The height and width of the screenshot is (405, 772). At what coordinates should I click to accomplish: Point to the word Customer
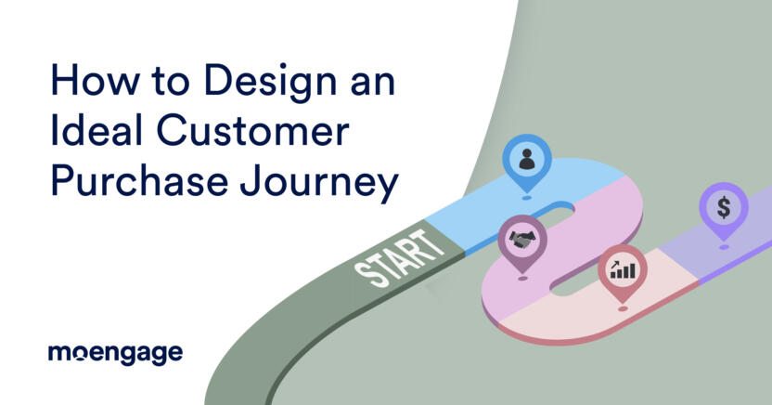pos(253,131)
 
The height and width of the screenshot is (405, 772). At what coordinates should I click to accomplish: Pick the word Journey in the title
pos(318,184)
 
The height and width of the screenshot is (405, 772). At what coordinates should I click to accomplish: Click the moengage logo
pos(116,354)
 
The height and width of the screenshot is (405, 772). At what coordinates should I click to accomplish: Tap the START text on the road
pos(399,258)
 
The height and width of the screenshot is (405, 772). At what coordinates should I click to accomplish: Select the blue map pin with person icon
pos(526,163)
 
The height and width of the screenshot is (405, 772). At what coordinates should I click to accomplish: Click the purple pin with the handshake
pos(522,242)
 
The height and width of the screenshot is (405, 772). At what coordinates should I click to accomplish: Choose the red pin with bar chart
pos(623,272)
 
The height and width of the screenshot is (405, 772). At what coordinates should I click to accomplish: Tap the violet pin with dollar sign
pos(724,210)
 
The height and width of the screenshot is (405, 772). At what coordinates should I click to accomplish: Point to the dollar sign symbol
pos(724,207)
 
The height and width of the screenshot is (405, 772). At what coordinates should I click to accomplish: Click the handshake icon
pos(522,240)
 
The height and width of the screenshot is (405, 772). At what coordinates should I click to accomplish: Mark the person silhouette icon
pos(526,159)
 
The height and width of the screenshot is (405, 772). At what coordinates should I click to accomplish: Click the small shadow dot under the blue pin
pos(526,198)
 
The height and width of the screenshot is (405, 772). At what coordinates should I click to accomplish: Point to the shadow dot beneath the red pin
pos(623,309)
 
